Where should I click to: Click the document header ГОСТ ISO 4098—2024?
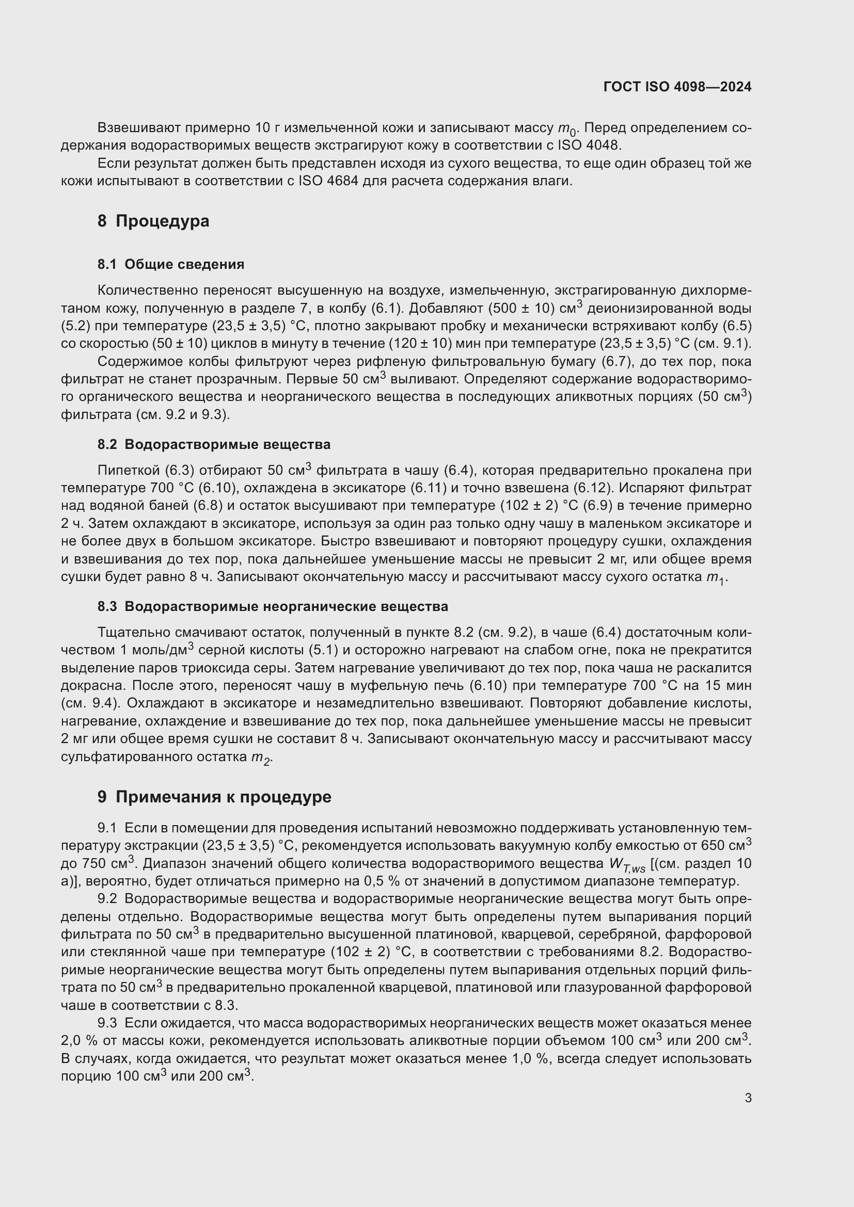[x=677, y=87]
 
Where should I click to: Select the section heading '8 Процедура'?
[x=153, y=221]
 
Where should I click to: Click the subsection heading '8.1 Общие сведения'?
[x=171, y=264]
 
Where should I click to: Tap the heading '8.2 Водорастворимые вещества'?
[x=214, y=444]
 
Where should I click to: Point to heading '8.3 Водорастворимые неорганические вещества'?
[x=273, y=606]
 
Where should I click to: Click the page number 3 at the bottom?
[x=748, y=1098]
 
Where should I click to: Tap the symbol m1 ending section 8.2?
[x=715, y=578]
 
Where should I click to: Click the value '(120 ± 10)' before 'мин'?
[x=420, y=344]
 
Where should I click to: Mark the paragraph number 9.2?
[x=107, y=899]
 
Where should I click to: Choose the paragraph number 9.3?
[x=107, y=1023]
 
